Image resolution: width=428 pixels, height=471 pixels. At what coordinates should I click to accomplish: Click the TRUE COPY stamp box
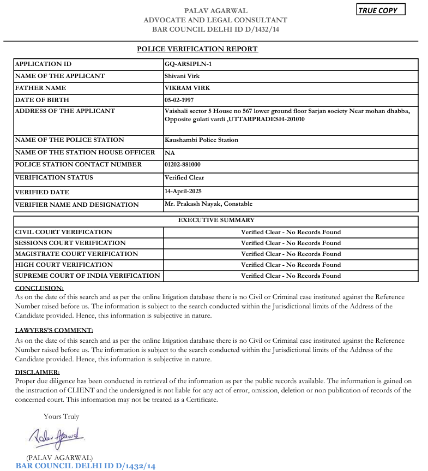[x=381, y=10]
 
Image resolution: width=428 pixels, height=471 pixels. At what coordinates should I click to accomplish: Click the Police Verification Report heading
[x=197, y=49]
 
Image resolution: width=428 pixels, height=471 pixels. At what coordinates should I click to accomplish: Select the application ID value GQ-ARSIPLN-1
[x=188, y=64]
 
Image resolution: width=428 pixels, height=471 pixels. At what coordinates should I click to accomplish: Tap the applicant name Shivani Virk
[x=182, y=76]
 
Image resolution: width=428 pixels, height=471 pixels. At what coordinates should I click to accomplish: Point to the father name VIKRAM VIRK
[x=188, y=88]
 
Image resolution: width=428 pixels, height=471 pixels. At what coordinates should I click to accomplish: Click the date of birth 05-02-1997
[x=179, y=100]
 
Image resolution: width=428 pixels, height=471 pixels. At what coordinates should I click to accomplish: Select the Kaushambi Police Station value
[x=201, y=140]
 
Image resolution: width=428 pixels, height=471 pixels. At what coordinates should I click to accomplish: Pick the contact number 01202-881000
[x=183, y=164]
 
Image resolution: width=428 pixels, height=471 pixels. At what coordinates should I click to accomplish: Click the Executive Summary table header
[x=216, y=220]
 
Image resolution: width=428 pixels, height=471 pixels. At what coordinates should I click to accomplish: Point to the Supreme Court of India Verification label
[x=87, y=276]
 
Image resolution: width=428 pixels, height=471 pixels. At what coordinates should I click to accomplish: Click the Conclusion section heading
[x=39, y=288]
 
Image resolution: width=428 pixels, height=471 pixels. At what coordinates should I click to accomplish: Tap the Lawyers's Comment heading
[x=54, y=330]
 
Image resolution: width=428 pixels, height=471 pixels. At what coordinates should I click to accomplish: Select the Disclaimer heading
[x=37, y=372]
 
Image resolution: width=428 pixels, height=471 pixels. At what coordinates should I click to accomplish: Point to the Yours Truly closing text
[x=61, y=416]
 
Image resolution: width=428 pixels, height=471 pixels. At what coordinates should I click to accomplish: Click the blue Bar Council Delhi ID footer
[x=86, y=466]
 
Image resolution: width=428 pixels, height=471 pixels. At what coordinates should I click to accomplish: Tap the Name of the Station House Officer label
[x=85, y=153]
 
